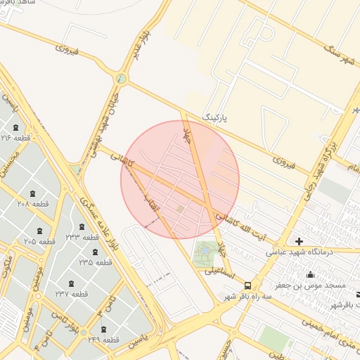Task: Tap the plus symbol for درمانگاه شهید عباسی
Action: [x=299, y=241]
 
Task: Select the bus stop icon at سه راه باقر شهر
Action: [x=247, y=285]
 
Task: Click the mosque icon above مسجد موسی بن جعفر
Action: [x=310, y=274]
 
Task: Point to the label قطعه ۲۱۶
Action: [x=16, y=138]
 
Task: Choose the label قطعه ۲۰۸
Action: [x=32, y=203]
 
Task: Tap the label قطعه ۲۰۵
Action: [x=39, y=241]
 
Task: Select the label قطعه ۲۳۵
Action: [x=96, y=262]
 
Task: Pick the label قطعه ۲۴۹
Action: [x=103, y=340]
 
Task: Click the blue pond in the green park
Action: [x=205, y=250]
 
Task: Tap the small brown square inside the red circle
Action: [x=181, y=208]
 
